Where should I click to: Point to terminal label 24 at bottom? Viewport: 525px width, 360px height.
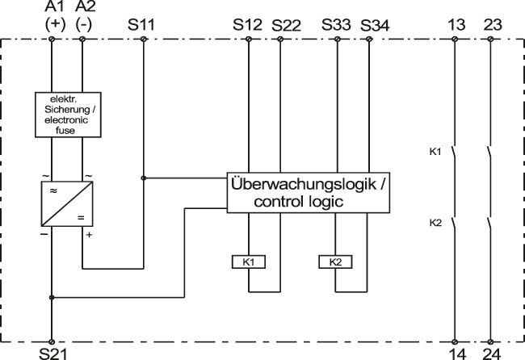(491, 353)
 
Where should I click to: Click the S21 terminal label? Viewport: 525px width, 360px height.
(53, 353)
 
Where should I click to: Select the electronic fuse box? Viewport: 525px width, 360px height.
(69, 112)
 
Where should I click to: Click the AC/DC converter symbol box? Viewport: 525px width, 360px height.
(68, 202)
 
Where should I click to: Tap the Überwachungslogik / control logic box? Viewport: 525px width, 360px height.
(309, 193)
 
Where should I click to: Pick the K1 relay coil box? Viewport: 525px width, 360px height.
(248, 262)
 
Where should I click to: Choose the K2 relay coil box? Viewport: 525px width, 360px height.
(335, 262)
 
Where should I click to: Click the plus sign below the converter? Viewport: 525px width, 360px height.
(90, 233)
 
